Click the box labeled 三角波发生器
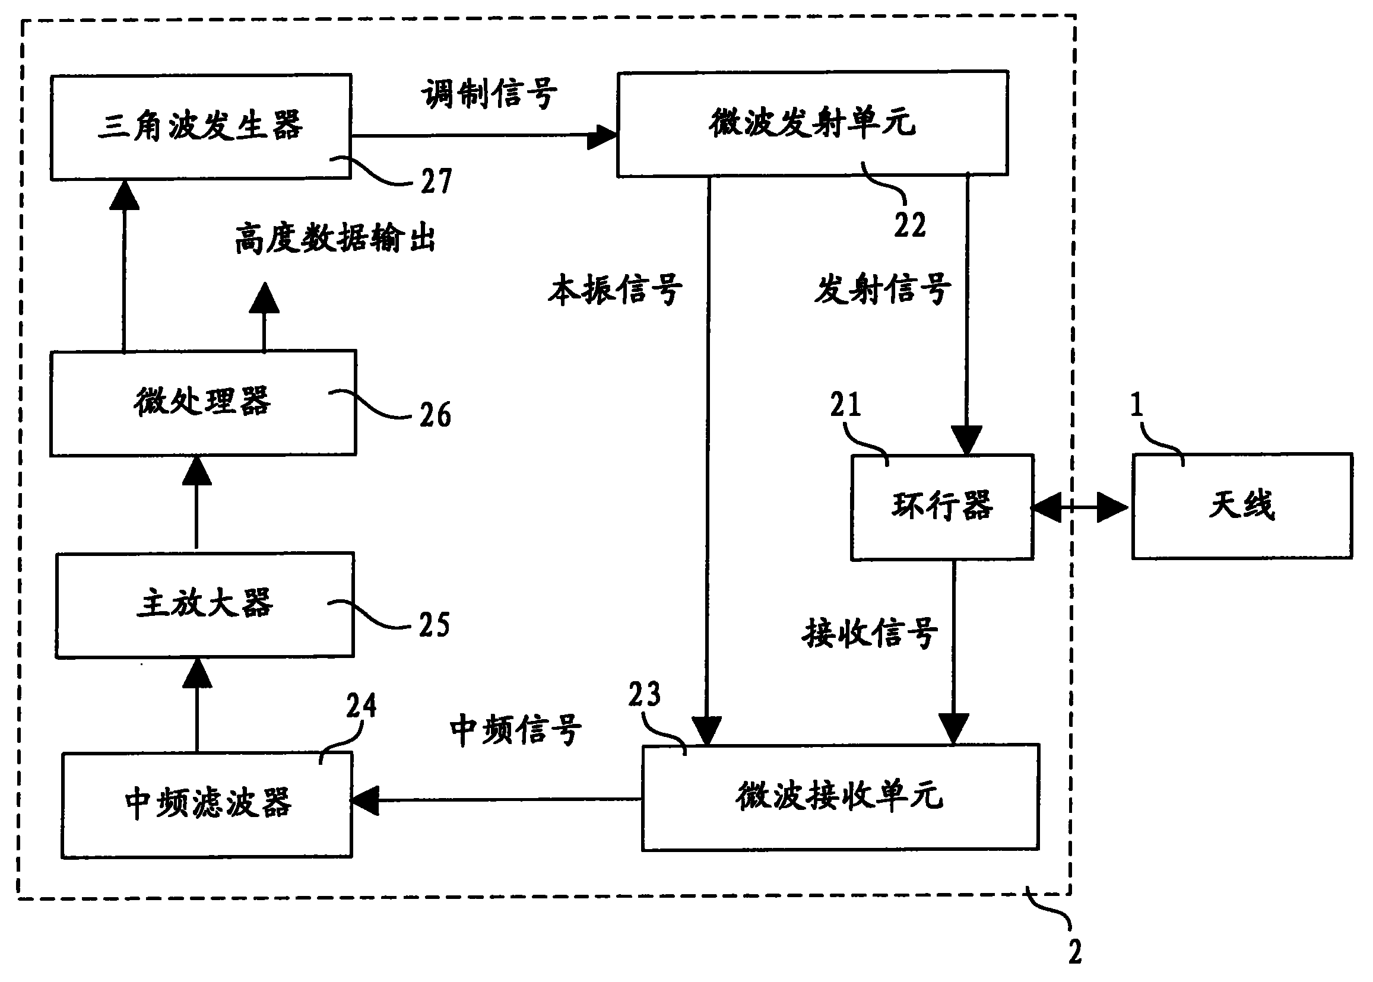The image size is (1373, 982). (x=200, y=127)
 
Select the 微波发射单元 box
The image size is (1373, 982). (x=811, y=123)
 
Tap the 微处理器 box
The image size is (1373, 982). (x=202, y=403)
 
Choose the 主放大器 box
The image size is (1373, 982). (x=204, y=605)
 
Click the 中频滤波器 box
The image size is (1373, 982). (x=206, y=805)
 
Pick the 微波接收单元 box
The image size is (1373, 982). (x=839, y=797)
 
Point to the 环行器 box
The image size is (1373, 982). (x=941, y=507)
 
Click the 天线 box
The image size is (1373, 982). (x=1242, y=506)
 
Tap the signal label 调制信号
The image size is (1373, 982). (x=489, y=94)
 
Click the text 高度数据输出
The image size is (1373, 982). (x=334, y=239)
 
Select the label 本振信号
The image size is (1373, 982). (x=615, y=290)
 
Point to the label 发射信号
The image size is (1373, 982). (x=881, y=289)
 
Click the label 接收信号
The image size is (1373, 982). (x=870, y=633)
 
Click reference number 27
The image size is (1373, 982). (x=436, y=182)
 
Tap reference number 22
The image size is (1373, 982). (x=909, y=225)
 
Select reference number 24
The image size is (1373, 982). (x=361, y=705)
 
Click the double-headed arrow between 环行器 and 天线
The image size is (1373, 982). (x=1080, y=507)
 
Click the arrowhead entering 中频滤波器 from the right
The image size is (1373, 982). (x=364, y=800)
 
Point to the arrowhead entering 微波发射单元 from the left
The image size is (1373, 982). (x=602, y=137)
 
